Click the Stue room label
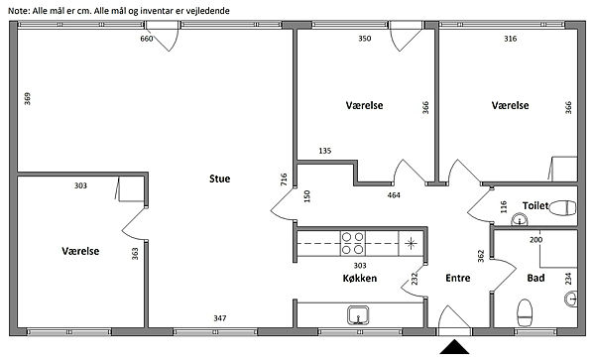coord(220,179)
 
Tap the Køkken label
coord(360,278)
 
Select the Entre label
coord(457,278)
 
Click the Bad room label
coord(535,278)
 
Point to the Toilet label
coord(535,205)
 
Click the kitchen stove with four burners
coord(352,243)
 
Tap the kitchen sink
coord(358,315)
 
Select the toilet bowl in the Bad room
coord(525,312)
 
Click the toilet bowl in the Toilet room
coord(562,208)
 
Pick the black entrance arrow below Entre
coord(454,347)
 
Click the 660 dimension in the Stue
coord(147,39)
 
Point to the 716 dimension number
coord(284,180)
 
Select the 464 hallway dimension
coord(394,195)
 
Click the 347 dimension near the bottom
coord(220,318)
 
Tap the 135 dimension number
coord(325,151)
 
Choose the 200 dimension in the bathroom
coord(535,239)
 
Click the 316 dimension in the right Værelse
coord(511,39)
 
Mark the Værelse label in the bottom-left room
coord(80,251)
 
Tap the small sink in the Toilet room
coord(519,219)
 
